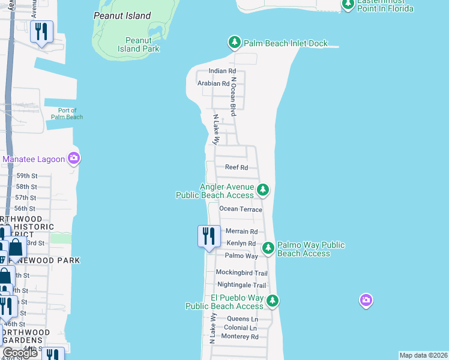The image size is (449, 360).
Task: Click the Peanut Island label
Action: (122, 16)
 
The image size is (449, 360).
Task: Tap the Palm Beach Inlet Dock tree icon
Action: (234, 43)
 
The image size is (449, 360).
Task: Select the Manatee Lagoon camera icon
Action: (74, 159)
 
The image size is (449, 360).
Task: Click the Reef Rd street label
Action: (236, 168)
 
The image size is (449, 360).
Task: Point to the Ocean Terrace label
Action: (241, 209)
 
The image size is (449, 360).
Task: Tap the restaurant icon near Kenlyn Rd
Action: (209, 235)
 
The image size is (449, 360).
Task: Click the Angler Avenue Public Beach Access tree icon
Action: (262, 190)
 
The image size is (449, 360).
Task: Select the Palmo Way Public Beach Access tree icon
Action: (268, 247)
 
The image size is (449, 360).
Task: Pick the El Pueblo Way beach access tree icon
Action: (273, 300)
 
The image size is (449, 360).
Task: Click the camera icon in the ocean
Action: (366, 299)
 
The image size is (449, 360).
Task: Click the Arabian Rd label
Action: (213, 84)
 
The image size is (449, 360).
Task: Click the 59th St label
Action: (26, 176)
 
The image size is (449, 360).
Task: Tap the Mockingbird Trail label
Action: (241, 272)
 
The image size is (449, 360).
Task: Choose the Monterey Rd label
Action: (240, 337)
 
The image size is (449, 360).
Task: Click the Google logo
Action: (19, 352)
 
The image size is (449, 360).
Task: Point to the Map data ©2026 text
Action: (423, 355)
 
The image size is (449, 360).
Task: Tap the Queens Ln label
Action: (242, 319)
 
